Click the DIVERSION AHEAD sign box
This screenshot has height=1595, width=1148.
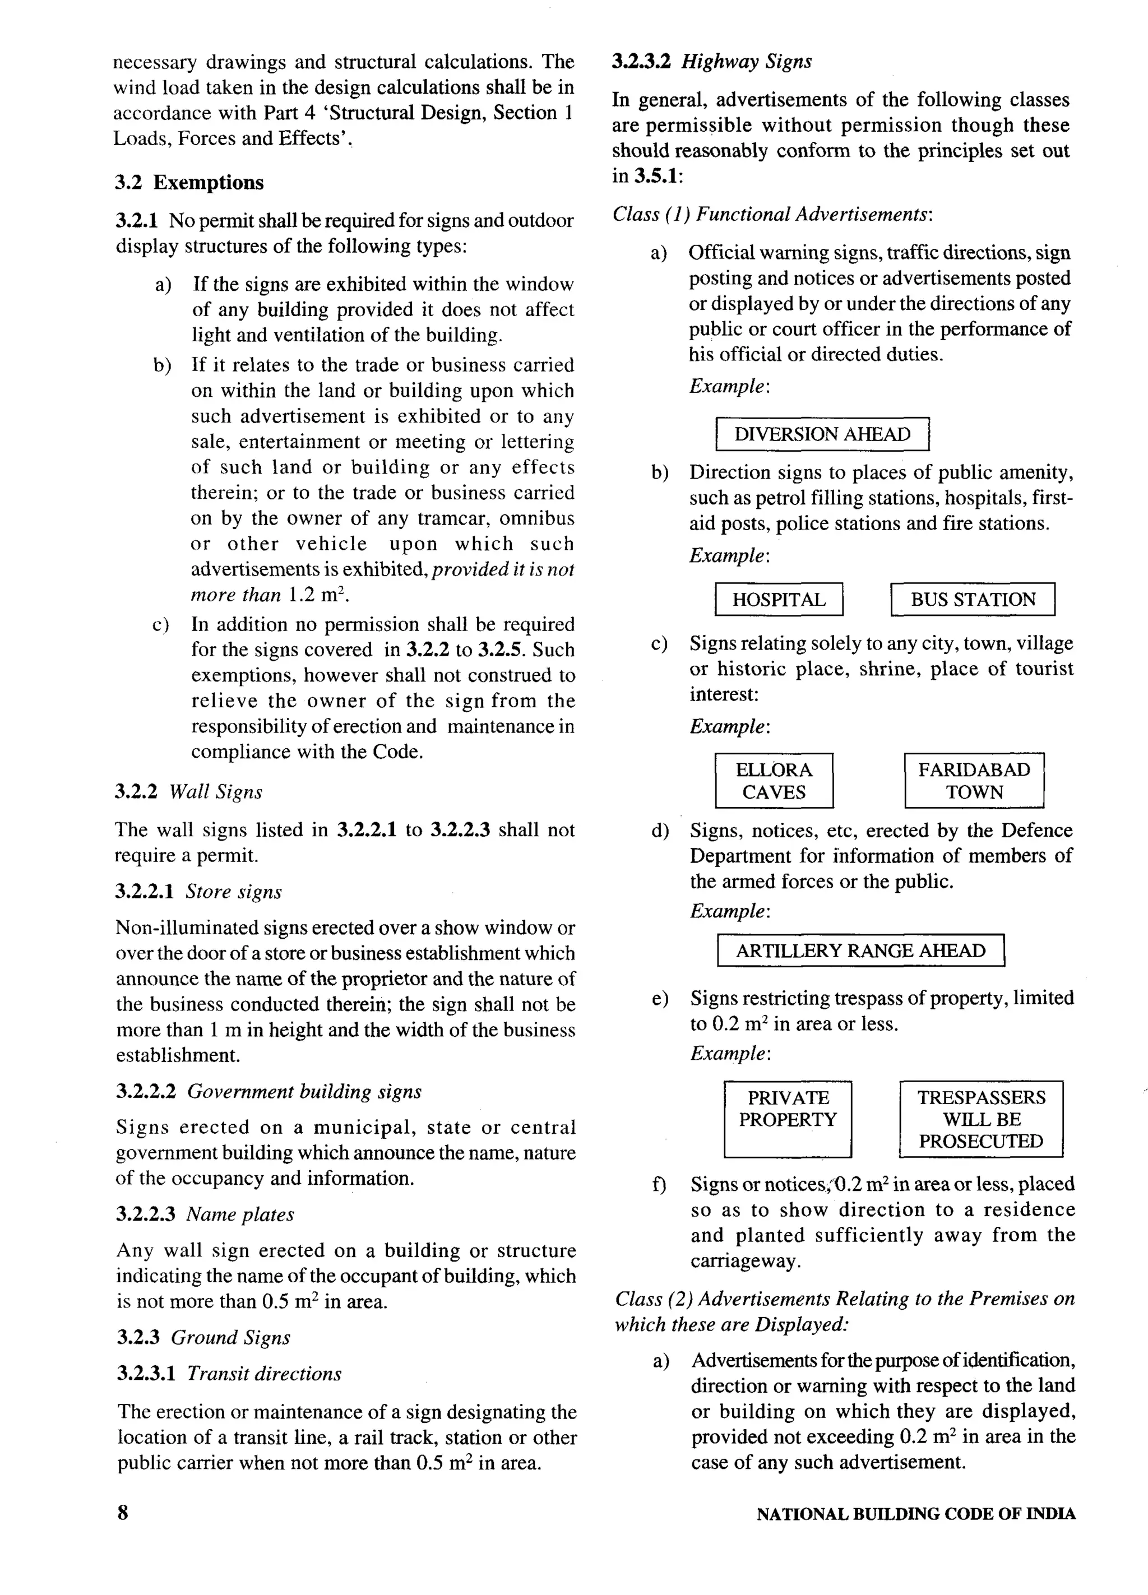[822, 434]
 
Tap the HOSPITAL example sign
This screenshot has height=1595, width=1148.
[779, 599]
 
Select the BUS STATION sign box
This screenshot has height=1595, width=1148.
[973, 599]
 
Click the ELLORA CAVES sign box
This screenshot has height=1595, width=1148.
[774, 781]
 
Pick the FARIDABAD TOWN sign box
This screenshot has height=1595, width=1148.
[974, 781]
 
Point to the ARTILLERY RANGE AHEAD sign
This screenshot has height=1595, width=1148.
[860, 951]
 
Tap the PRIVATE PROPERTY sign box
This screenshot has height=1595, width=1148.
[787, 1118]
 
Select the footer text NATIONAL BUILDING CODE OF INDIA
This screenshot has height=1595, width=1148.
[916, 1514]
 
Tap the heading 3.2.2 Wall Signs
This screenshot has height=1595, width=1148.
[188, 792]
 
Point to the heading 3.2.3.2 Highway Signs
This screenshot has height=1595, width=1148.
[712, 62]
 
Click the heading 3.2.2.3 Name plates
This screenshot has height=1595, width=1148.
[205, 1214]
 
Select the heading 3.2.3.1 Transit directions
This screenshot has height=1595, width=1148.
[229, 1374]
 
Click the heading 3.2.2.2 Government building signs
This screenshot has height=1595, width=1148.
[268, 1092]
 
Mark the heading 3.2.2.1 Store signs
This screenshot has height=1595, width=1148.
[198, 892]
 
